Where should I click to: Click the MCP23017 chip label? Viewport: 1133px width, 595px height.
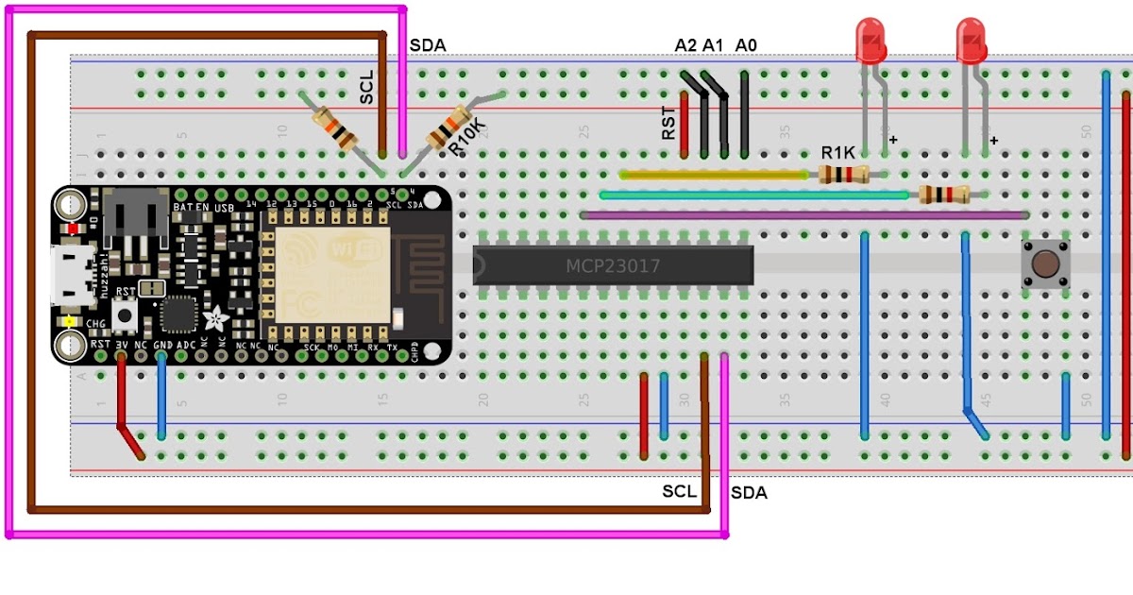(x=613, y=266)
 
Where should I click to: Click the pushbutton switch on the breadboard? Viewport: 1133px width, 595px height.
(x=1044, y=263)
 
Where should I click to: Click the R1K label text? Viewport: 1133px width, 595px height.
(x=837, y=153)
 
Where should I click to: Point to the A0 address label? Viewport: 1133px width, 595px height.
(x=746, y=45)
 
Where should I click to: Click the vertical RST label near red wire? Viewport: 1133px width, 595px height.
(x=668, y=123)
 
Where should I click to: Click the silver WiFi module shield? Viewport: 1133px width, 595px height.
(x=327, y=274)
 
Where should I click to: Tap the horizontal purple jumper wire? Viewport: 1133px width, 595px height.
(x=803, y=215)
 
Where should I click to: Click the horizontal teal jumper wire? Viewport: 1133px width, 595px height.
(x=755, y=195)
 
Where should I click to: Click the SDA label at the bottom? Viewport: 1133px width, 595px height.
(x=749, y=493)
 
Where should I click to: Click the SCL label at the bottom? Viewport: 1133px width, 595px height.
(x=679, y=491)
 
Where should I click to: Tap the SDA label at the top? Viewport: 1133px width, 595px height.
(x=428, y=45)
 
